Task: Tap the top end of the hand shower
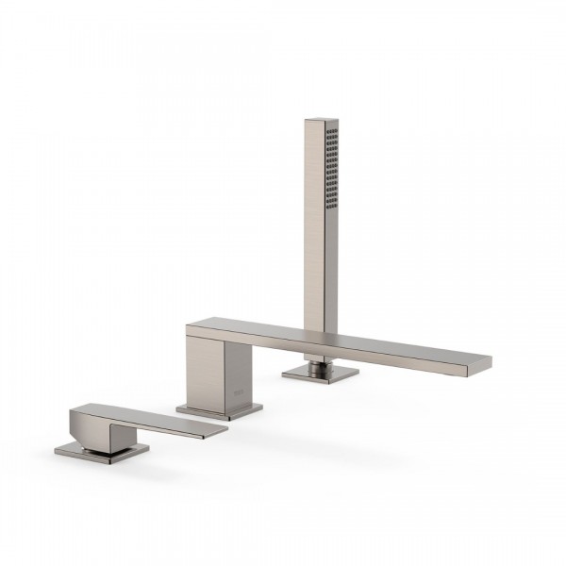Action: [x=322, y=120]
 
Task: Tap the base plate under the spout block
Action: [x=219, y=410]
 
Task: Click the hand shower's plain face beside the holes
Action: [x=313, y=189]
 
